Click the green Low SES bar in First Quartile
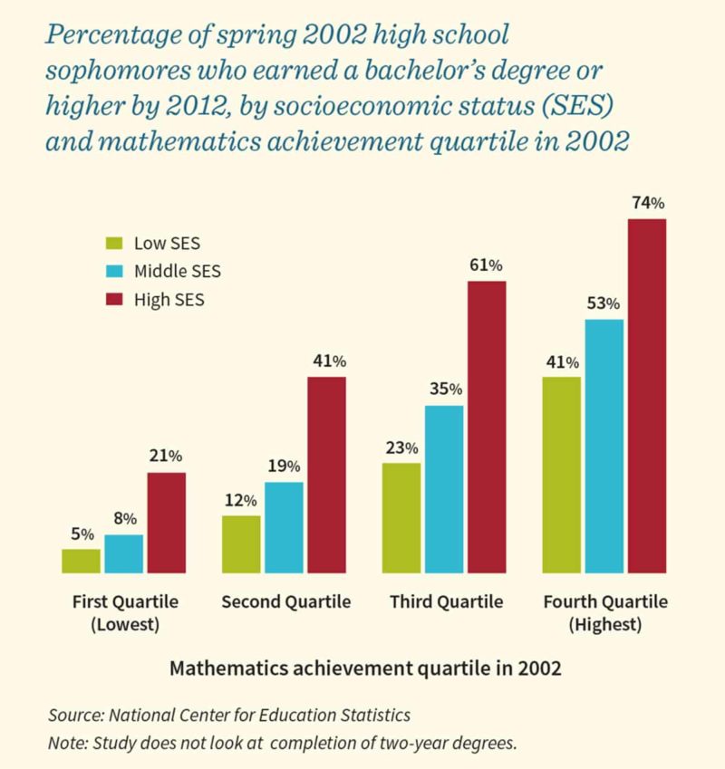click(x=81, y=561)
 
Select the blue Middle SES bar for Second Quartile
click(x=284, y=527)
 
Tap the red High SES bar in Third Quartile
click(x=487, y=427)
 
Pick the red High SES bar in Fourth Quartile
click(x=647, y=396)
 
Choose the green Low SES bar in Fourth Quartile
click(x=561, y=475)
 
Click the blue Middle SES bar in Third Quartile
click(x=443, y=489)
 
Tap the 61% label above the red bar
click(x=487, y=265)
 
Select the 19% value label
click(x=284, y=466)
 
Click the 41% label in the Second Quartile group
click(x=328, y=360)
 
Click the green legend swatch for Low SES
click(x=114, y=243)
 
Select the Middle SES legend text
click(x=177, y=271)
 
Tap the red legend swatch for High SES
click(x=114, y=299)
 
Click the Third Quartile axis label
click(x=447, y=602)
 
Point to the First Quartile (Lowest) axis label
click(x=125, y=613)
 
